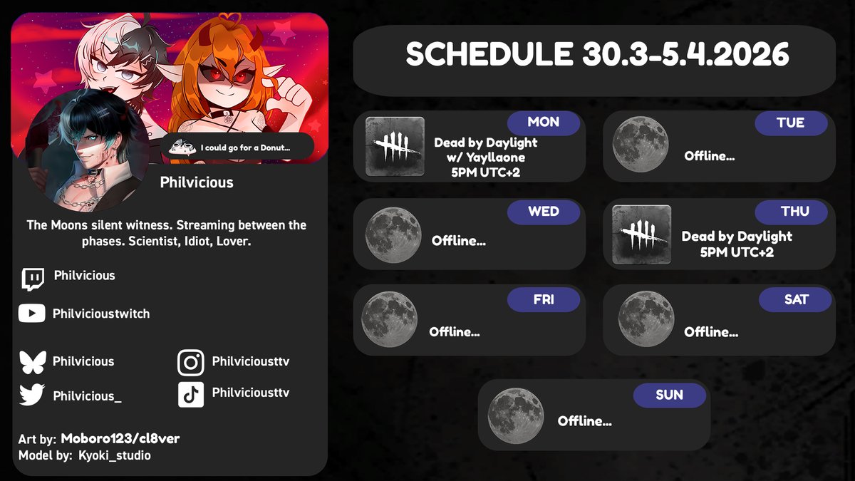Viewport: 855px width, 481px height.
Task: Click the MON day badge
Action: pos(543,123)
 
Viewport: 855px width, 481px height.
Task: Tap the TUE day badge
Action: pos(791,123)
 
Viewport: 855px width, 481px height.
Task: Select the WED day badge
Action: pos(543,212)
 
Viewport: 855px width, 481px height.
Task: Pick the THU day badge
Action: pos(794,212)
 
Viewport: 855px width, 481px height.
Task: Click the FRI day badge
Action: pos(543,300)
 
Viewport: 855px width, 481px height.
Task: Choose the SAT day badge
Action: pos(796,300)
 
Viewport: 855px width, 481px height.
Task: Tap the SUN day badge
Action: pos(669,395)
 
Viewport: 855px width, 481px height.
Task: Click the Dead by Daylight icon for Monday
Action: pos(395,147)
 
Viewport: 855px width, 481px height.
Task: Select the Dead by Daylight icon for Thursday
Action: pos(641,235)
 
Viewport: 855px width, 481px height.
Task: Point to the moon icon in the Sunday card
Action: pos(516,415)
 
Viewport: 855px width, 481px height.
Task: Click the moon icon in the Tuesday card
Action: pos(641,145)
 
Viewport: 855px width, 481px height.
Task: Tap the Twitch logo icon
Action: pos(33,279)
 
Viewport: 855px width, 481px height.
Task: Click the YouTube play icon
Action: pos(32,314)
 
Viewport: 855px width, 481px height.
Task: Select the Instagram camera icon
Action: pos(190,363)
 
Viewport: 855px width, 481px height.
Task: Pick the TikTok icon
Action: pos(190,395)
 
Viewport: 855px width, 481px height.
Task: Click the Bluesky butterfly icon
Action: pos(33,362)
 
